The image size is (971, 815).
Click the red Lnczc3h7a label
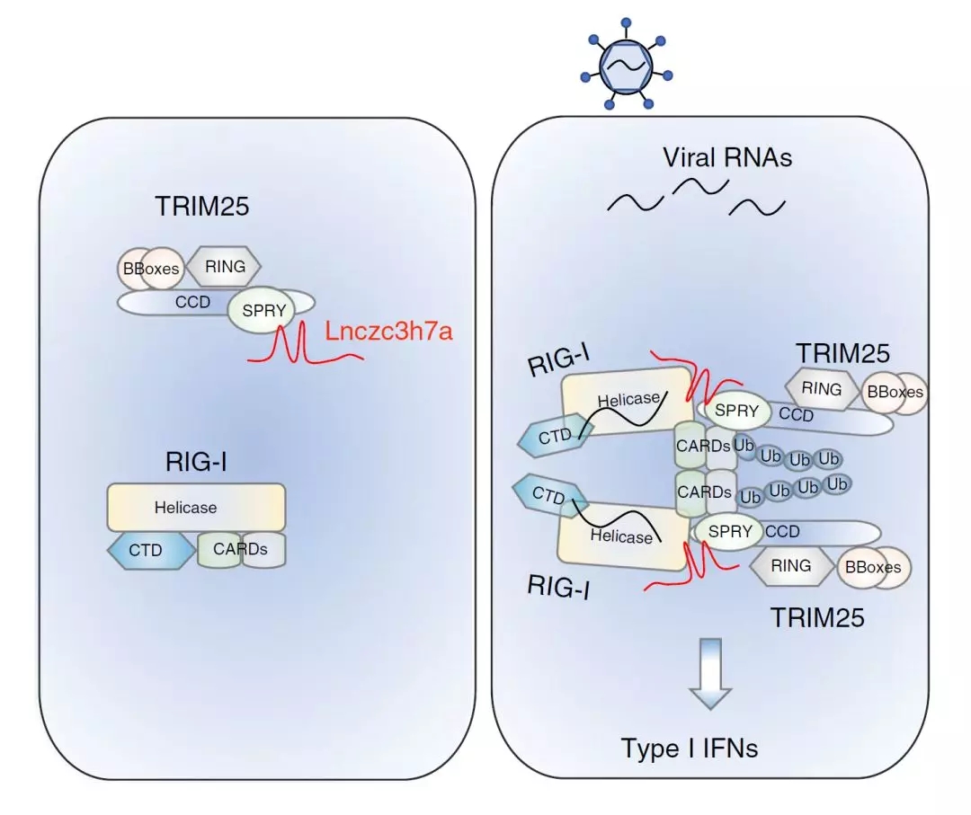coord(389,331)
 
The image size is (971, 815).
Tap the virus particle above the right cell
coord(626,66)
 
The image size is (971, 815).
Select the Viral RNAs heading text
coord(727,157)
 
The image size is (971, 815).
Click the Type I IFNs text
coord(690,748)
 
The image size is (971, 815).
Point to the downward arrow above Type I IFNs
coord(711,673)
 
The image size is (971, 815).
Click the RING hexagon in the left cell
coord(224,266)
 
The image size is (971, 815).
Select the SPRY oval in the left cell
coord(262,310)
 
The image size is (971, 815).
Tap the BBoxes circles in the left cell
coord(151,269)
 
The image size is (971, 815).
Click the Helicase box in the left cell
coord(196,508)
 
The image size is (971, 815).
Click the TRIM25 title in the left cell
coord(202,206)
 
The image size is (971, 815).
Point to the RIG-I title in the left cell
coord(196,462)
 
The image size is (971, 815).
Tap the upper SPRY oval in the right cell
coord(735,411)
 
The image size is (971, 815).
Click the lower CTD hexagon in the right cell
coord(550,494)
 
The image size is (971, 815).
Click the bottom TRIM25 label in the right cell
coord(816,617)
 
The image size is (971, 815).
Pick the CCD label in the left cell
coord(192,302)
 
